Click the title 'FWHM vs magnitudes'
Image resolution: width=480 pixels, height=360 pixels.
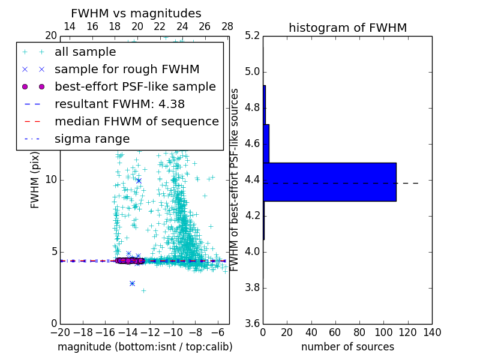point(136,13)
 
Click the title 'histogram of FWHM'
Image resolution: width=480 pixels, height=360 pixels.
point(347,28)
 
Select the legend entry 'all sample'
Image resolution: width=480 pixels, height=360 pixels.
point(85,52)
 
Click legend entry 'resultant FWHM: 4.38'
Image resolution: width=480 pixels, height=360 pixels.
point(119,104)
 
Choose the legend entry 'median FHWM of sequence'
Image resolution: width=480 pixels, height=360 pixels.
point(136,121)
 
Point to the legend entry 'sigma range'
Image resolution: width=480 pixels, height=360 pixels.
point(92,139)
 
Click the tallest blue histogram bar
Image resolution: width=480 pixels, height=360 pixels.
point(329,182)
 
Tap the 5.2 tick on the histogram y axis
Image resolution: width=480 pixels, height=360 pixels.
point(253,36)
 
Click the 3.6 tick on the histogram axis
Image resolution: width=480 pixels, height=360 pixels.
point(253,323)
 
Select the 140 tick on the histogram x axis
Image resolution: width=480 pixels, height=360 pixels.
point(432,332)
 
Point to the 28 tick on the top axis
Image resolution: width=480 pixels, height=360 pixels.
point(227,27)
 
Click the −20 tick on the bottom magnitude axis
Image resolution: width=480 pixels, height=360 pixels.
point(60,332)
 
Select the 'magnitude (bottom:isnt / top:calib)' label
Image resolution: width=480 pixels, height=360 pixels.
point(145,347)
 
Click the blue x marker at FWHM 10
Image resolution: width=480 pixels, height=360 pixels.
point(139,180)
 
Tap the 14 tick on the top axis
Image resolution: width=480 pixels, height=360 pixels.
point(70,27)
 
